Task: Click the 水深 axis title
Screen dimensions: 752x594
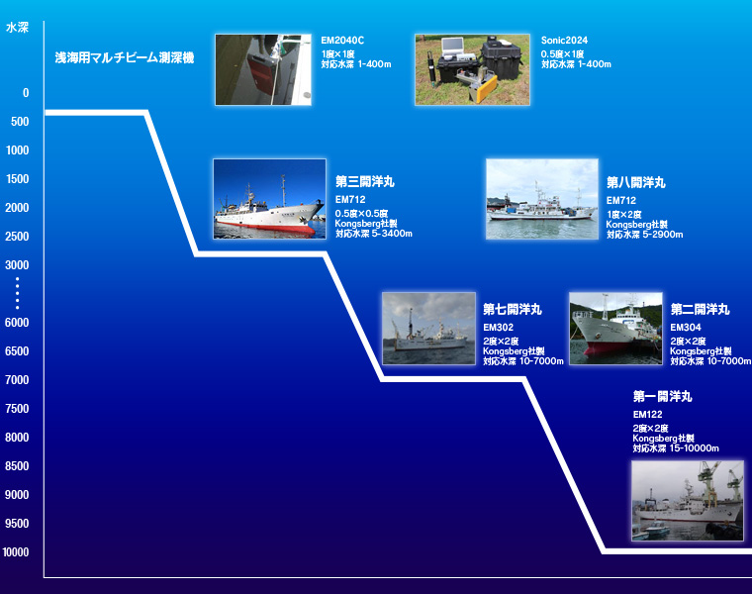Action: click(17, 28)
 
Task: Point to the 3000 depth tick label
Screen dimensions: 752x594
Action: click(17, 265)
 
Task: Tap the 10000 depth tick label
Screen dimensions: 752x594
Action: click(16, 552)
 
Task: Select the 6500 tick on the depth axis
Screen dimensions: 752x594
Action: click(17, 351)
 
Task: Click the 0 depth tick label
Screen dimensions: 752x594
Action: click(26, 93)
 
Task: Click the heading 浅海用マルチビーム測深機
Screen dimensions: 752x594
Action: click(125, 58)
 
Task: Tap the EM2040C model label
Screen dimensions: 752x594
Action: click(342, 41)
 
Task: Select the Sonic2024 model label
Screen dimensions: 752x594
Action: click(564, 41)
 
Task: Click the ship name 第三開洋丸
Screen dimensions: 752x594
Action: click(364, 181)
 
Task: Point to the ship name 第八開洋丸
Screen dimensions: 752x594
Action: click(636, 182)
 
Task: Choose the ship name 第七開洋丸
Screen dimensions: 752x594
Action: click(513, 310)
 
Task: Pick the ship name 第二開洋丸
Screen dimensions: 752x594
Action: click(700, 310)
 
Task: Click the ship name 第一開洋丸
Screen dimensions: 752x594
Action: click(662, 396)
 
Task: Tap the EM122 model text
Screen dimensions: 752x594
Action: click(647, 414)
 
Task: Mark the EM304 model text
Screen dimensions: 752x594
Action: click(686, 328)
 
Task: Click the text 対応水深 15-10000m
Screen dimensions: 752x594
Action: click(676, 448)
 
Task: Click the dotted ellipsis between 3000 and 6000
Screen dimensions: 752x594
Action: click(17, 293)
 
